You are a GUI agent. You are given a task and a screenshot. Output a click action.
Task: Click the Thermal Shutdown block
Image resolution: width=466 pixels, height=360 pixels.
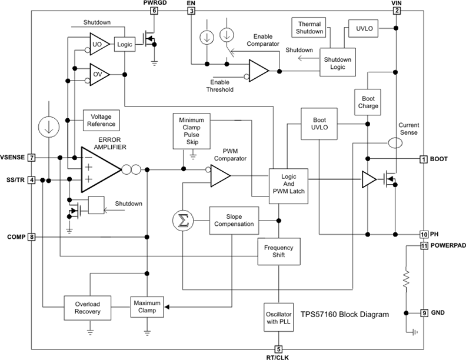(308, 27)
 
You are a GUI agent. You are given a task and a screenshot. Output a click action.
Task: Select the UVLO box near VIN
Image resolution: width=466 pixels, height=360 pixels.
(364, 28)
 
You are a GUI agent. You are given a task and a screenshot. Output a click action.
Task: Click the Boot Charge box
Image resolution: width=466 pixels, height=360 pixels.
(368, 102)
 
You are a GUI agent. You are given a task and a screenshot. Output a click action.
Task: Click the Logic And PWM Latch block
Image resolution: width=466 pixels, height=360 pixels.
(288, 186)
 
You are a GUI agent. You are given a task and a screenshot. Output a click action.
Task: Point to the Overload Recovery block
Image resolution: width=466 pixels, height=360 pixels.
(88, 306)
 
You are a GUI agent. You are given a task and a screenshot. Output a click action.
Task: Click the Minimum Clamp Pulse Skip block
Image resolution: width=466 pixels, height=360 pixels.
(191, 130)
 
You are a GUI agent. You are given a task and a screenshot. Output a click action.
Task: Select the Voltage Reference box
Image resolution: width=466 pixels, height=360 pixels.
(102, 121)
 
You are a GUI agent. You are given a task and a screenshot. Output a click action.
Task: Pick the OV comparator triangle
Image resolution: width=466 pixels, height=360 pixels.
(97, 74)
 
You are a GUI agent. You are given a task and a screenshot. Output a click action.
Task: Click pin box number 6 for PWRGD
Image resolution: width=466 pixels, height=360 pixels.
(154, 11)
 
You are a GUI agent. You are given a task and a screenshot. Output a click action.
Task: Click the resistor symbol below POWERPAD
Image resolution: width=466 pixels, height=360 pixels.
(407, 281)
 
